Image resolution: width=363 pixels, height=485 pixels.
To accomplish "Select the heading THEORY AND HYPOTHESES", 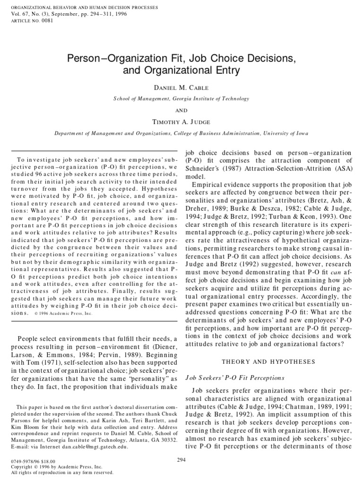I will [268, 362].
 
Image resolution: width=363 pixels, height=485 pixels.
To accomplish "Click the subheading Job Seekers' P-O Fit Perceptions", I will [235, 377].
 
